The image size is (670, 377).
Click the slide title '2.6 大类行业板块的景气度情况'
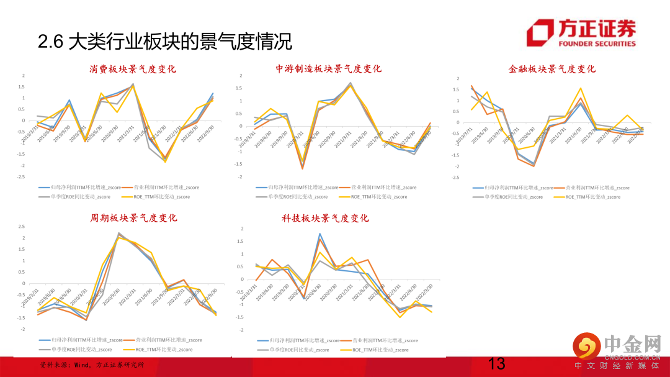(x=164, y=42)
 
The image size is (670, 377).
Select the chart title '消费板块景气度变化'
(x=133, y=69)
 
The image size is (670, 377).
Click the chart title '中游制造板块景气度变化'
(x=328, y=69)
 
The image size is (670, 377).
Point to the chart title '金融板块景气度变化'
(x=552, y=69)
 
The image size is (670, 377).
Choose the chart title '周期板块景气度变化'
(x=133, y=218)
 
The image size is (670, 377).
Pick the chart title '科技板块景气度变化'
(x=325, y=219)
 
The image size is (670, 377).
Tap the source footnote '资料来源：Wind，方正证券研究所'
(x=91, y=365)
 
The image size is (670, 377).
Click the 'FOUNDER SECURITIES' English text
(x=597, y=44)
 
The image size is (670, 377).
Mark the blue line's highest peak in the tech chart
(x=319, y=234)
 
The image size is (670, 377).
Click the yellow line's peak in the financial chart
(x=580, y=88)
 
